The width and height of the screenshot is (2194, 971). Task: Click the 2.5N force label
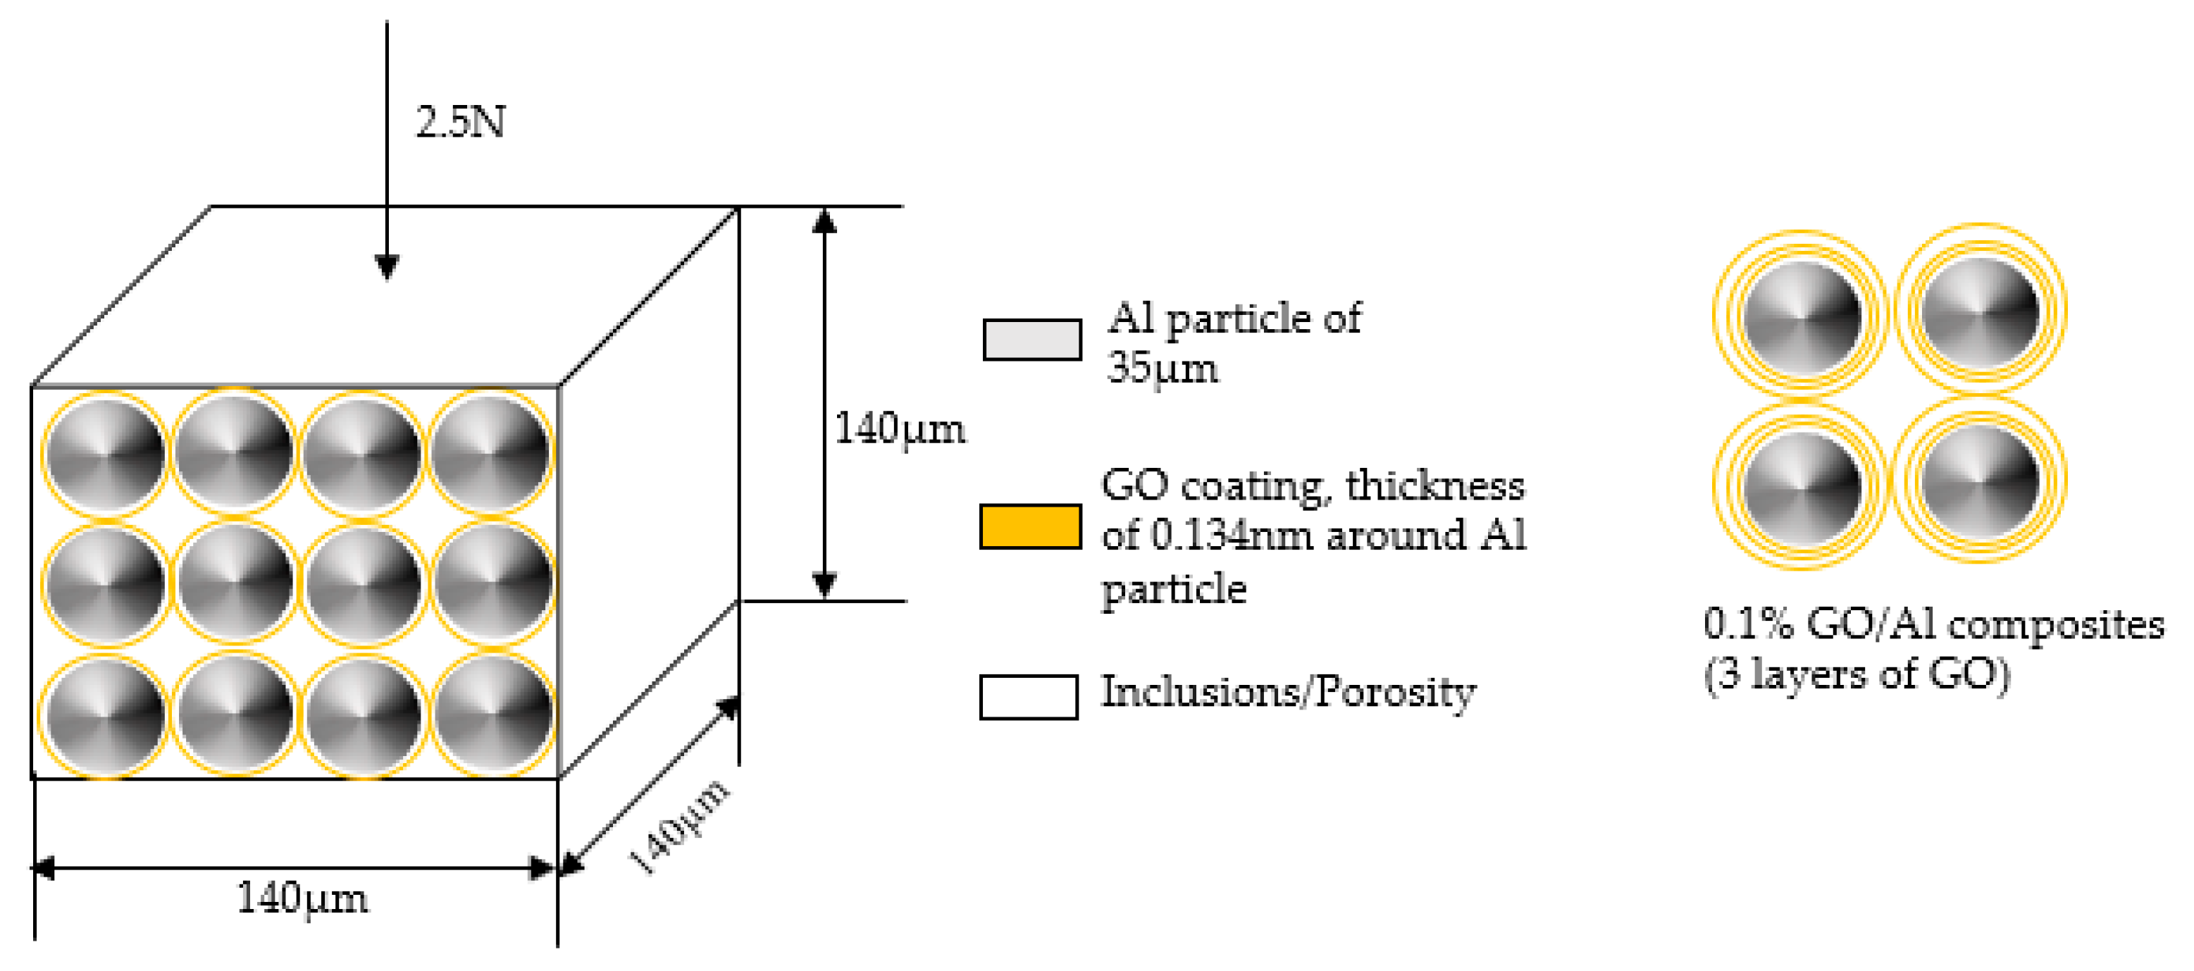460,122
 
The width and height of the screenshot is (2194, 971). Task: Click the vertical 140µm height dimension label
900,428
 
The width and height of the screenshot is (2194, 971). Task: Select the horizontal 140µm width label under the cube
302,898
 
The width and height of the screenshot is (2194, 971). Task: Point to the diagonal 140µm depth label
678,827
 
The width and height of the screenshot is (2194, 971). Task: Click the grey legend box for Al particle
1031,340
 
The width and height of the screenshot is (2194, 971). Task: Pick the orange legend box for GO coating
1031,526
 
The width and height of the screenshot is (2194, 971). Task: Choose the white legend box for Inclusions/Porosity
1028,697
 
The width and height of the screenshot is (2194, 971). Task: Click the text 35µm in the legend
1162,369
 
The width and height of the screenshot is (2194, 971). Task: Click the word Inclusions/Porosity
1288,693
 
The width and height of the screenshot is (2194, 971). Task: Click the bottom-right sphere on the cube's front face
492,714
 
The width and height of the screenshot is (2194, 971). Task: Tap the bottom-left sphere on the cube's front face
106,714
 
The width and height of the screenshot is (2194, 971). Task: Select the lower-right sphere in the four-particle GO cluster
1981,480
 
